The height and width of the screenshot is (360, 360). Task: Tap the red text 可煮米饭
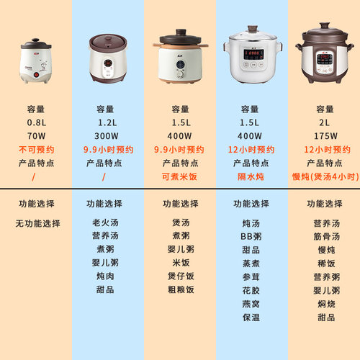[x=180, y=176]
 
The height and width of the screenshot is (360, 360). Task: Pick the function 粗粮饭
[x=180, y=289]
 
